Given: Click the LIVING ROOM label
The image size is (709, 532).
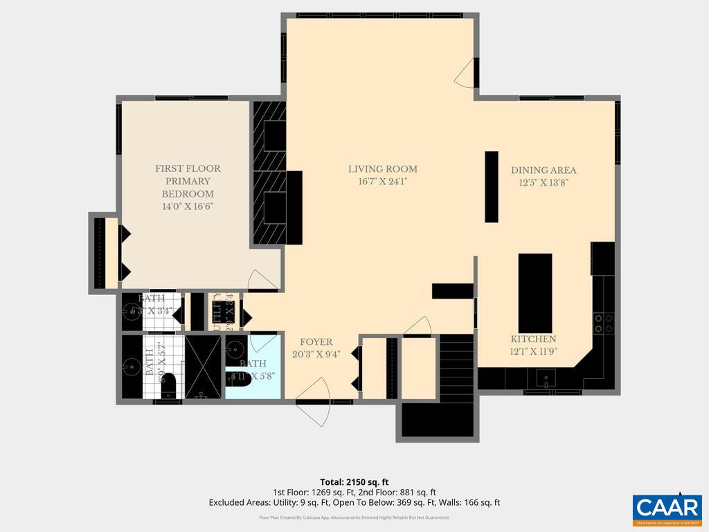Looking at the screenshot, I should pos(382,169).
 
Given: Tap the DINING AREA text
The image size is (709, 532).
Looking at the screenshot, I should pos(544,170).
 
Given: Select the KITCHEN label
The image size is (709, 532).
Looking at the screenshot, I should pos(533,339).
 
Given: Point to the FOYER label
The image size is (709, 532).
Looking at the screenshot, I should pos(316,342).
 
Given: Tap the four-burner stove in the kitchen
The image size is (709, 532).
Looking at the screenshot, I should pos(603,323).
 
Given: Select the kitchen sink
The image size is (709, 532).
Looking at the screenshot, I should pos(546,379).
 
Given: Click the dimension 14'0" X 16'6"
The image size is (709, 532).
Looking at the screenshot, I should pos(188,206).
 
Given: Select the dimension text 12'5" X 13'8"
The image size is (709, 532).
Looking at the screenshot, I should pos(544,184).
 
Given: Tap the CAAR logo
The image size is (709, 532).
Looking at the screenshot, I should pos(667,508).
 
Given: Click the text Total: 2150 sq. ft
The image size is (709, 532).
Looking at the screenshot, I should pos(354,481).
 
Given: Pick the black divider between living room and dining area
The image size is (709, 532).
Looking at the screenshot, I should pos(492,186).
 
